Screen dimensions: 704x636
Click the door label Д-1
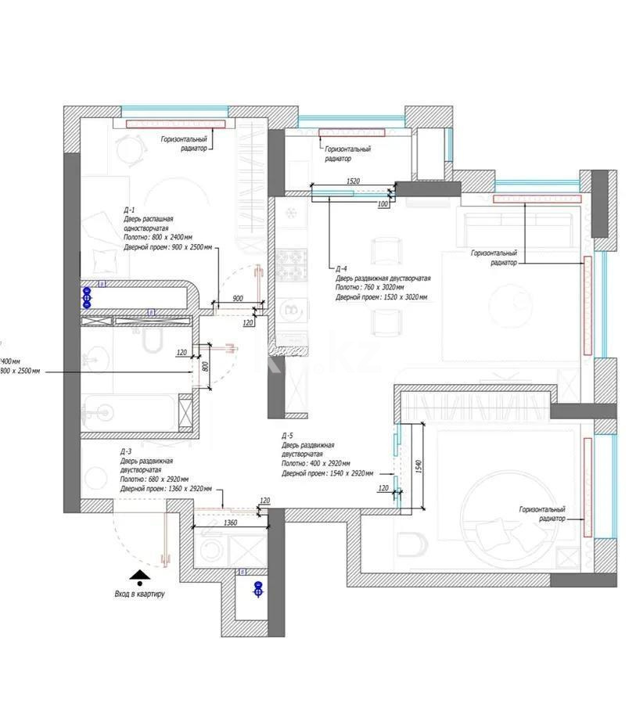129,210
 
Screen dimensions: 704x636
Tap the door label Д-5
288,435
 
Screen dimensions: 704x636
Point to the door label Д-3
126,452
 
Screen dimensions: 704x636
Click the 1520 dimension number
352,181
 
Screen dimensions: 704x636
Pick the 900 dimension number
238,298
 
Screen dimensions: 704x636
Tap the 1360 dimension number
230,523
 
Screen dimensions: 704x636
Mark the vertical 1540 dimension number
419,466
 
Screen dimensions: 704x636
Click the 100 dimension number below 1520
382,204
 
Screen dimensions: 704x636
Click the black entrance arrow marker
139,578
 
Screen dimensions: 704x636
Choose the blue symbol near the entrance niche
257,588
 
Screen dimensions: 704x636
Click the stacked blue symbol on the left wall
87,297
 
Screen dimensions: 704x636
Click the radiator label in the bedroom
542,513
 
